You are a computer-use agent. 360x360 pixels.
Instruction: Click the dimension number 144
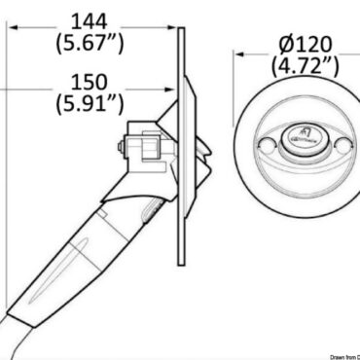coord(95,18)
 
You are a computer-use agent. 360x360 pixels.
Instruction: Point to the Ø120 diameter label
coord(303,44)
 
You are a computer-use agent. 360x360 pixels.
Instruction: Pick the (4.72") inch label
coord(303,66)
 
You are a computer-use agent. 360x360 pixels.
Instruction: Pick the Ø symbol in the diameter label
coord(275,44)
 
